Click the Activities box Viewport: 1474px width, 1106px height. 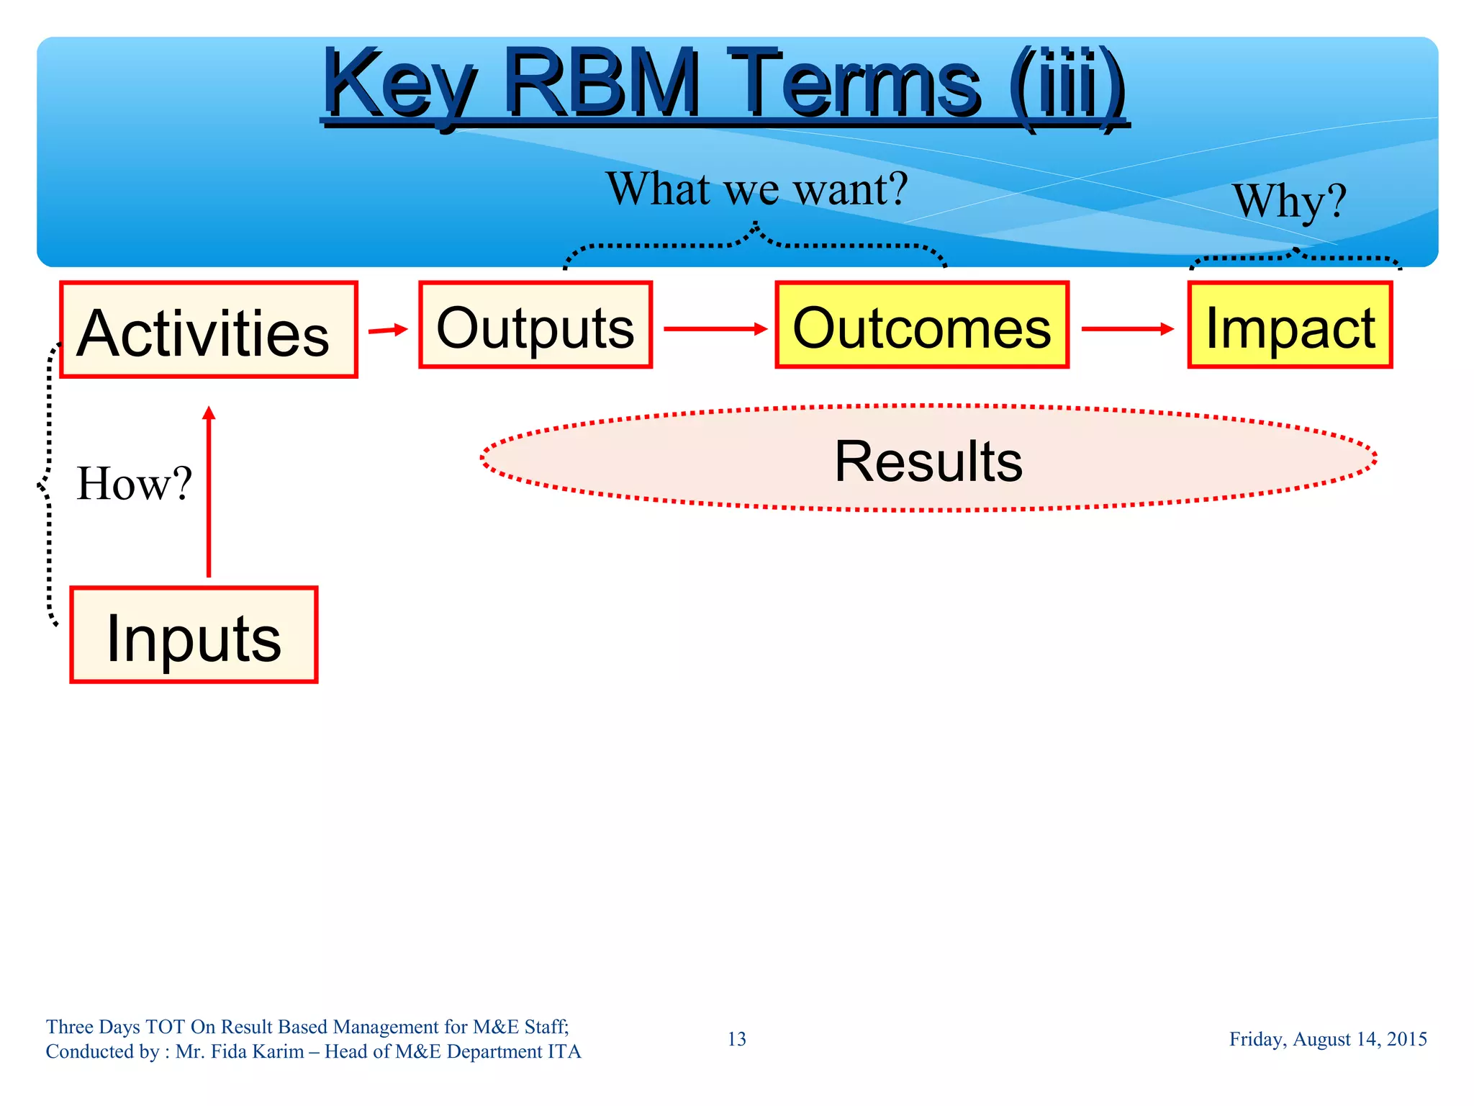click(x=209, y=330)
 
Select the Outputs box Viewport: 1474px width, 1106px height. click(x=535, y=325)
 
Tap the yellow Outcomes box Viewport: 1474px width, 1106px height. click(x=922, y=325)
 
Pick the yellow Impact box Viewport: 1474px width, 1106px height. click(x=1290, y=325)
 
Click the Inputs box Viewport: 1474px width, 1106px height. click(x=194, y=635)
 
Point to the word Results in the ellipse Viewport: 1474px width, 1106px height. click(x=928, y=461)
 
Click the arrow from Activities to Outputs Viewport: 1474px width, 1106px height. click(x=388, y=330)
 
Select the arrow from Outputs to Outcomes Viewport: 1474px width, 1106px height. click(x=715, y=329)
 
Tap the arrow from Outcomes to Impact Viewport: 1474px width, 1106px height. click(x=1127, y=329)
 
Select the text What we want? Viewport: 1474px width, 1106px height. click(x=756, y=189)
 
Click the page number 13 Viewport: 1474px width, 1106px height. click(x=736, y=1039)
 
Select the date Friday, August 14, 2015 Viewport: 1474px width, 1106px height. click(x=1327, y=1039)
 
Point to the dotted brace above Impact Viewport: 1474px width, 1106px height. click(x=1295, y=257)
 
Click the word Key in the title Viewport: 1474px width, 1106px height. click(x=399, y=85)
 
